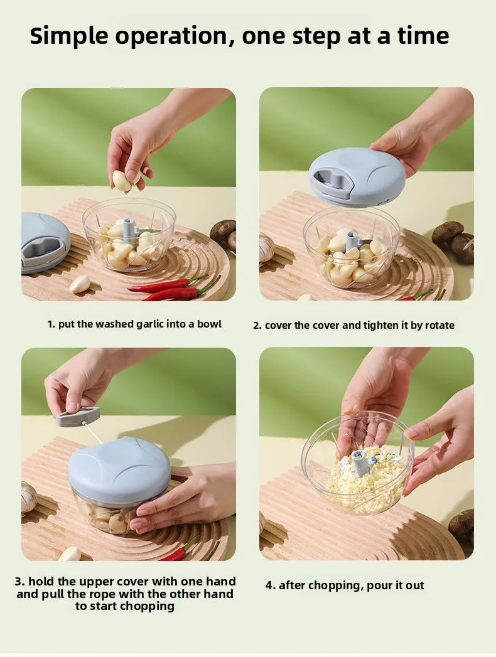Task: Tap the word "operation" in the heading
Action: (178, 36)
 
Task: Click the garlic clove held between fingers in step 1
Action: (123, 181)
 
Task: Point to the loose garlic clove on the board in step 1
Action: (80, 284)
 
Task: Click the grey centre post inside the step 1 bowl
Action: (129, 230)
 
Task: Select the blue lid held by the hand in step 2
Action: (357, 177)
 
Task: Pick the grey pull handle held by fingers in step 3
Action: (78, 416)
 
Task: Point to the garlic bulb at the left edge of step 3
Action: (28, 498)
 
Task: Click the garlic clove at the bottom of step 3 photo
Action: (70, 553)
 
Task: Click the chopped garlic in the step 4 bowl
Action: (364, 483)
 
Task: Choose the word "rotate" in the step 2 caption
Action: (439, 325)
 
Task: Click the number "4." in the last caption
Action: (271, 585)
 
